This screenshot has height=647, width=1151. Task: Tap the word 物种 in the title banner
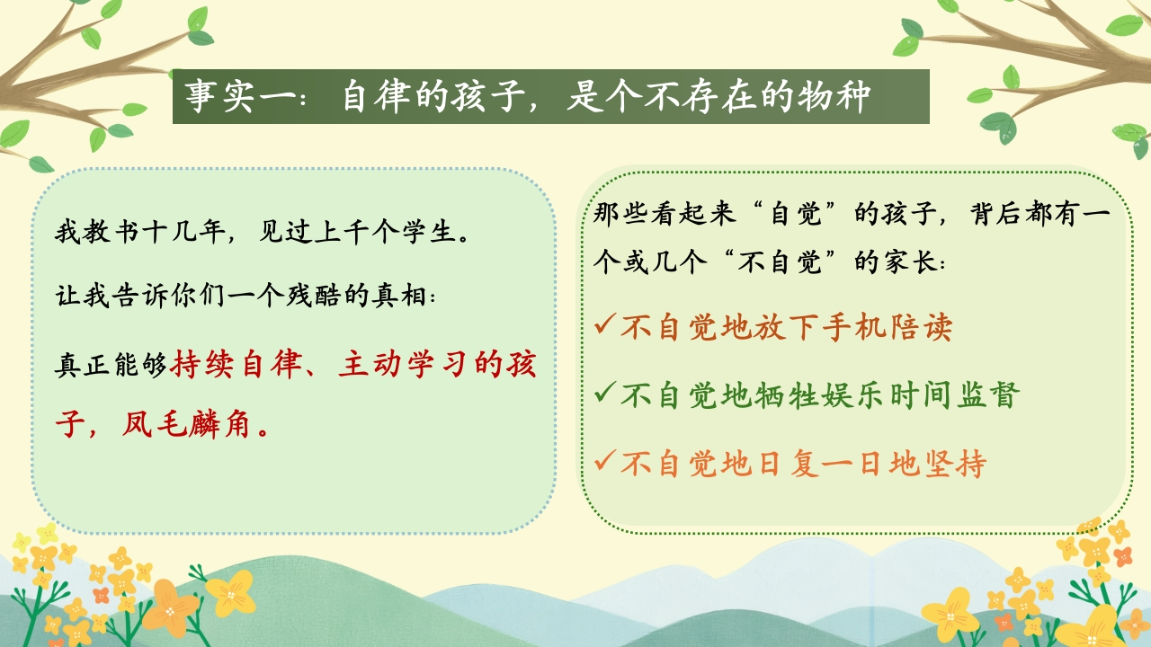(834, 96)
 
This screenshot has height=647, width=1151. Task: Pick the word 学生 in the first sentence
(430, 232)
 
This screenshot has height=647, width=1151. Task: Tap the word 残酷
(313, 296)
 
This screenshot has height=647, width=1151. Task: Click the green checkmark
(605, 393)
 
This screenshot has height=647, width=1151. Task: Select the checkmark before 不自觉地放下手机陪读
(605, 324)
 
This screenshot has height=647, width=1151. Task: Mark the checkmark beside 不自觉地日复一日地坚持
(605, 460)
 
